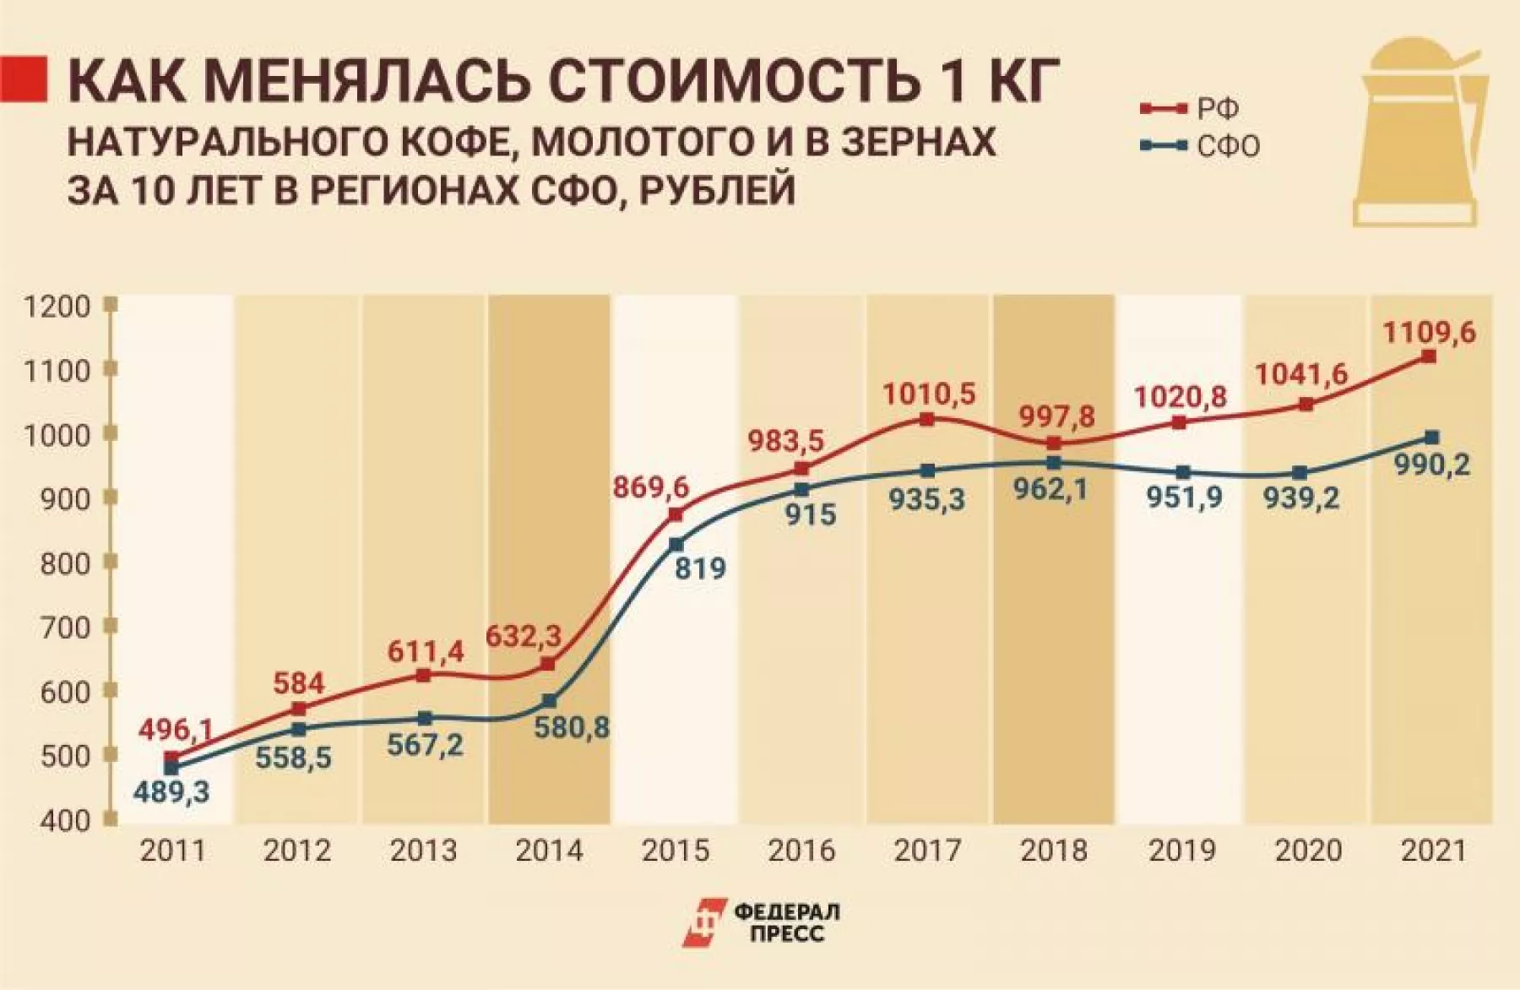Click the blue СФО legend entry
(x=1199, y=146)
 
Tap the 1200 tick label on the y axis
(x=57, y=306)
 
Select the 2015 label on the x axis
(x=676, y=850)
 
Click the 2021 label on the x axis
(x=1432, y=850)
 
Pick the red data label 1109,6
(x=1428, y=333)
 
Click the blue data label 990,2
(x=1431, y=465)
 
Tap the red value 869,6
(x=650, y=487)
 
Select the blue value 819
(x=700, y=568)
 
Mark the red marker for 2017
(x=927, y=419)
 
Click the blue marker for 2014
(x=550, y=701)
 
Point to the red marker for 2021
(x=1429, y=357)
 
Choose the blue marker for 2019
(x=1183, y=473)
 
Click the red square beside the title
(x=23, y=79)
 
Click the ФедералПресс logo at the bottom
(x=760, y=922)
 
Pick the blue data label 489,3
(x=171, y=792)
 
